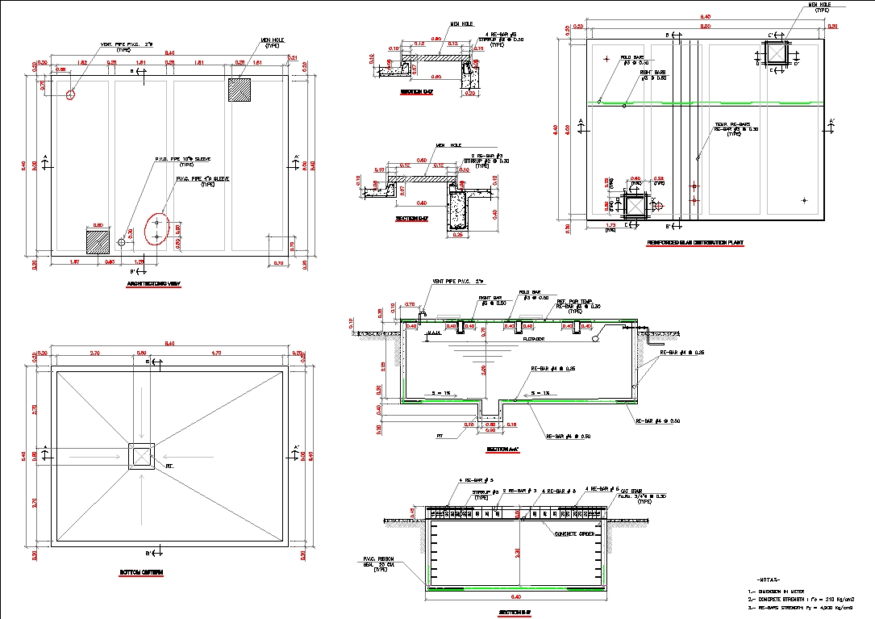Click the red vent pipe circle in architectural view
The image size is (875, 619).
click(x=71, y=94)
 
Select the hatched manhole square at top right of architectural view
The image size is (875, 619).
click(x=240, y=90)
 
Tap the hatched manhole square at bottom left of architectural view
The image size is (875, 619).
click(x=98, y=241)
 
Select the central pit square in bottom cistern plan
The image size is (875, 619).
click(x=143, y=457)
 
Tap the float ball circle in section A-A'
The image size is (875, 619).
click(x=595, y=339)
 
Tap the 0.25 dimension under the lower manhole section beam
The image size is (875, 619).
click(x=457, y=236)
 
